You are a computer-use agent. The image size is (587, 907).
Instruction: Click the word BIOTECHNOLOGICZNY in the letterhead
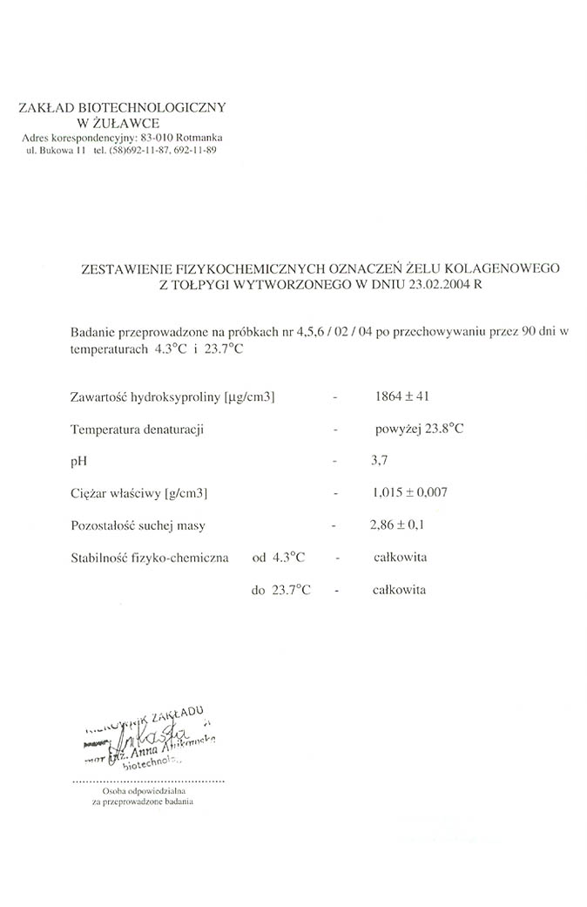point(163,107)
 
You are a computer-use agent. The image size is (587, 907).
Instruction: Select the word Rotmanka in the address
point(199,138)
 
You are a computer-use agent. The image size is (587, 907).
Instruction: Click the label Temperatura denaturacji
point(138,430)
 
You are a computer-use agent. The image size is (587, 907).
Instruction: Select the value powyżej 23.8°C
point(417,429)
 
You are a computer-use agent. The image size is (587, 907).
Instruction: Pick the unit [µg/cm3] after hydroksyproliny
point(249,398)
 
